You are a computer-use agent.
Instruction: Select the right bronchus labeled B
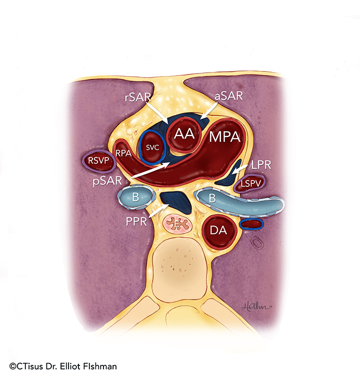coord(134,197)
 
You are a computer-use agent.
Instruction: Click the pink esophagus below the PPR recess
coord(178,224)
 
